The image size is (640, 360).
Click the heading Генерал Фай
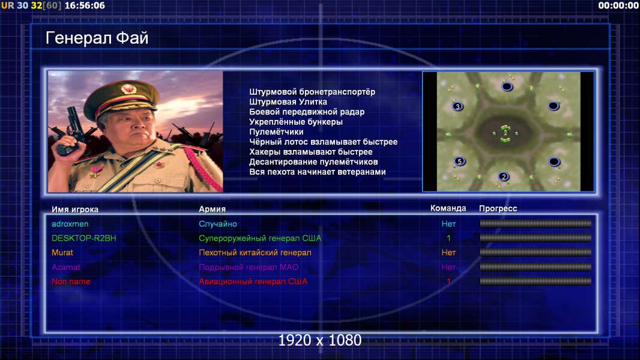point(97,38)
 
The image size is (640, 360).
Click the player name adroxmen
point(70,224)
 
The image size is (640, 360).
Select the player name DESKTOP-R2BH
point(83,238)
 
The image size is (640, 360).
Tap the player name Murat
point(62,253)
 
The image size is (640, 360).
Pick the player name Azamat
point(65,267)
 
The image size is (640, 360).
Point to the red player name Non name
point(71,281)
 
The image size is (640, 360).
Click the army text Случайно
point(217,224)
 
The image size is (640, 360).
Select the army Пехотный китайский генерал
point(255,253)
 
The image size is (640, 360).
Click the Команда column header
point(448,208)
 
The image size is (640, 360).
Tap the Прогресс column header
point(498,208)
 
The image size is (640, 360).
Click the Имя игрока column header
point(74,209)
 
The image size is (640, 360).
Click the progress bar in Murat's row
point(536,253)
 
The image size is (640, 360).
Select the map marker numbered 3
point(457,106)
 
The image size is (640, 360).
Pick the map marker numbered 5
point(460,161)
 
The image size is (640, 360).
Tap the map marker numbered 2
point(504,176)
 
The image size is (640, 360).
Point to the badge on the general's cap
point(128,89)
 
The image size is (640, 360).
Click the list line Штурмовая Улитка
point(288,102)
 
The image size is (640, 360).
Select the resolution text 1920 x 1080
point(320,340)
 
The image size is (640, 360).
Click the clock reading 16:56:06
point(85,5)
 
